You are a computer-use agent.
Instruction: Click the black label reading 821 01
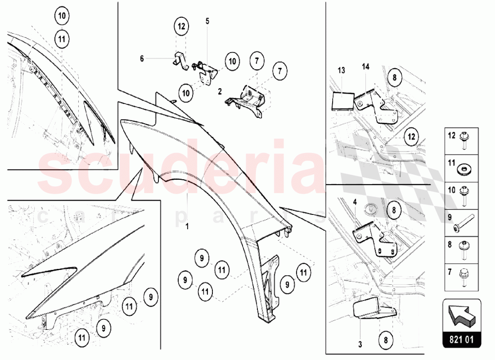pos(461,340)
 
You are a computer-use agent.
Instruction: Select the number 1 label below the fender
pos(187,226)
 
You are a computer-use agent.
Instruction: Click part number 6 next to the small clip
pos(142,58)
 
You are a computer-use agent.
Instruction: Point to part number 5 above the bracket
pos(207,21)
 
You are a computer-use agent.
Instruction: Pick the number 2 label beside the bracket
pos(220,92)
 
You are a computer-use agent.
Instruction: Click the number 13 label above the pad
pos(341,70)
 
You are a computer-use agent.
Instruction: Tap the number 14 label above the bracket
pos(366,67)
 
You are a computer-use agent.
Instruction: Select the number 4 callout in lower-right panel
pos(355,202)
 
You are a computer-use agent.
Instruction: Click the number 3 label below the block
pos(360,344)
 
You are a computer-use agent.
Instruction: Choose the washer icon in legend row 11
pos(463,170)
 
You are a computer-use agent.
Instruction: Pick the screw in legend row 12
pos(464,140)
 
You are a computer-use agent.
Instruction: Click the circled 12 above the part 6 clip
pos(182,26)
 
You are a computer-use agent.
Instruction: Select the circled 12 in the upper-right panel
pos(411,137)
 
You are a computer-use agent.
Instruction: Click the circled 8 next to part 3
pos(386,340)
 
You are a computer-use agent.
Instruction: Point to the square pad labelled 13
pos(342,101)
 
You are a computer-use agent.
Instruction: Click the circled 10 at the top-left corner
pos(62,15)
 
